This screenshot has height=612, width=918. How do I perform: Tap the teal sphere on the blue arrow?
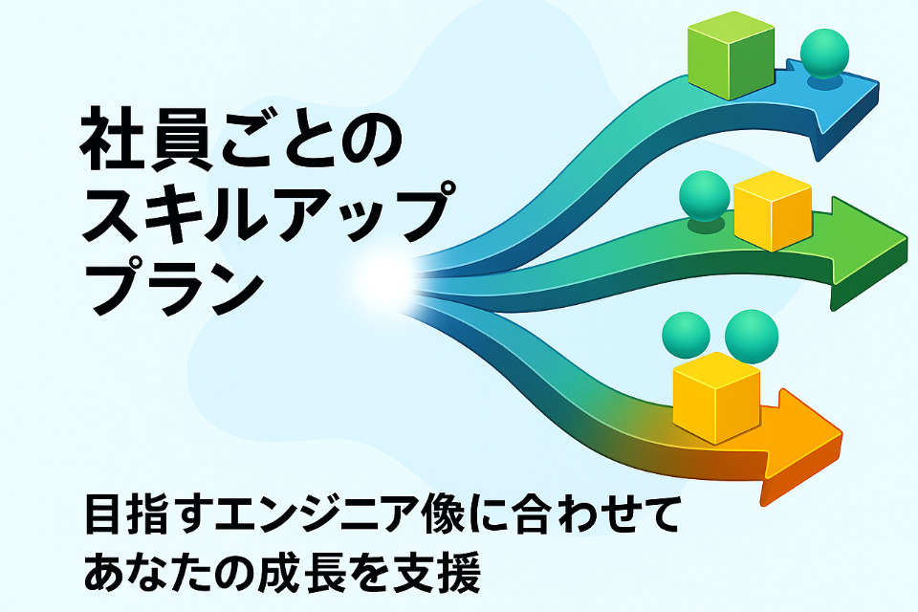pyautogui.click(x=823, y=55)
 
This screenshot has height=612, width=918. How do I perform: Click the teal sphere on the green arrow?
pyautogui.click(x=704, y=195)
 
